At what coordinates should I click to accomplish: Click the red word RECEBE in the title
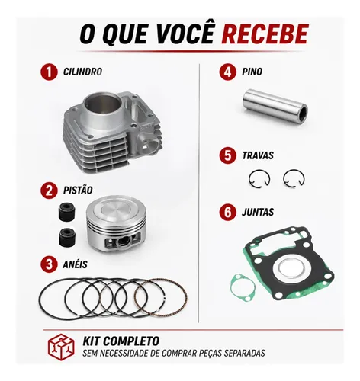(x=265, y=34)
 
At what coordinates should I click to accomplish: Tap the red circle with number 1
(x=49, y=72)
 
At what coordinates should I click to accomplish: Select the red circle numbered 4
(x=228, y=72)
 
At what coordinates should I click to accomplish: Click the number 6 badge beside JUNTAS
(x=228, y=212)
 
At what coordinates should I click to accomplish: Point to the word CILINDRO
(x=82, y=72)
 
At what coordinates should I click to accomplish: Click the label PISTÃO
(x=78, y=190)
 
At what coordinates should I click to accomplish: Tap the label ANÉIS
(x=75, y=264)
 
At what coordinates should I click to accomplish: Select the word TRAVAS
(x=258, y=155)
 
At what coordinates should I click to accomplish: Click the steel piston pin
(x=275, y=105)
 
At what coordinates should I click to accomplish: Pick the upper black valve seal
(x=67, y=211)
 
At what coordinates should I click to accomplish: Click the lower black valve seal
(x=67, y=237)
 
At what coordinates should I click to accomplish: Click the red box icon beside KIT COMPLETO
(x=61, y=347)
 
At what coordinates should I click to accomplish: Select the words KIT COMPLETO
(x=121, y=341)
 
